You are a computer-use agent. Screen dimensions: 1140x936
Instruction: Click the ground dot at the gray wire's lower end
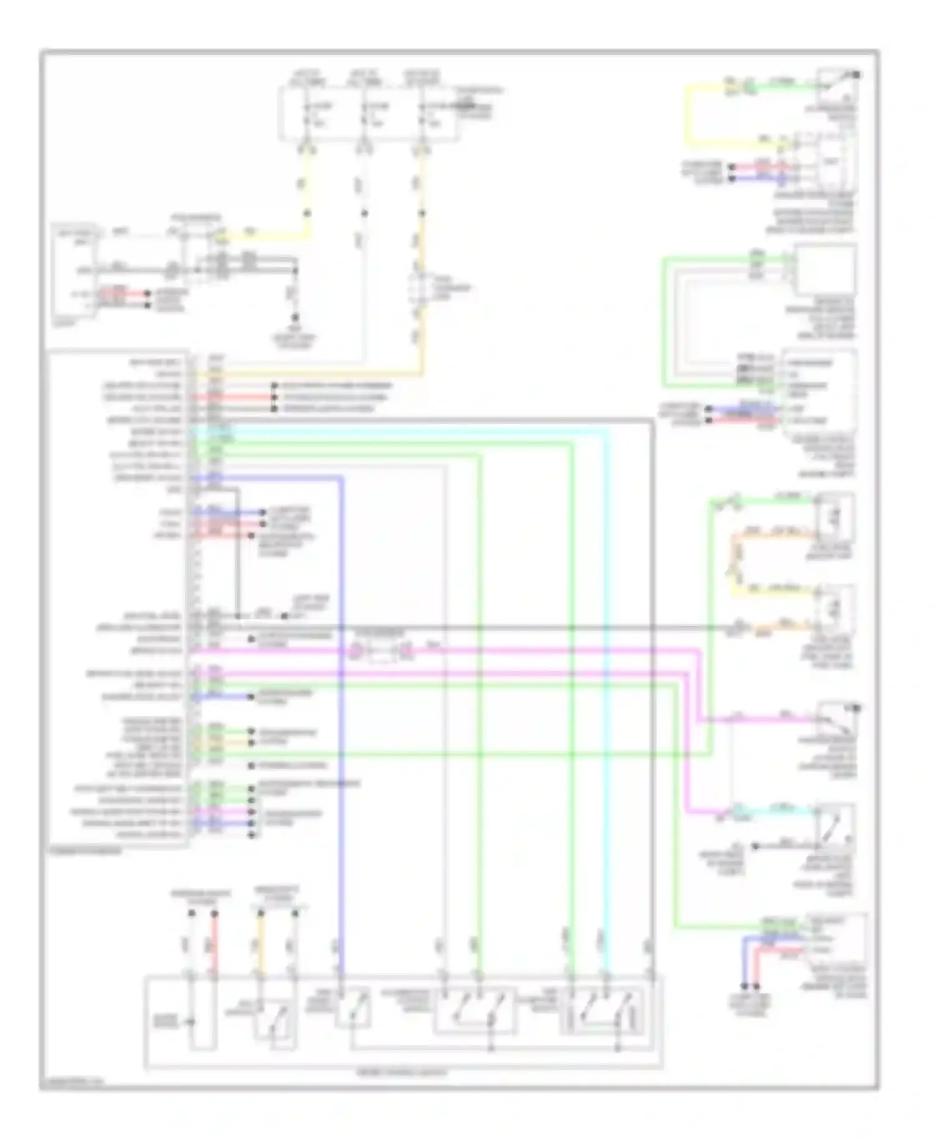(x=296, y=317)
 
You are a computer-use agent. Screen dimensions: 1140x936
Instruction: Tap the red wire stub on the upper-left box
(x=115, y=291)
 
